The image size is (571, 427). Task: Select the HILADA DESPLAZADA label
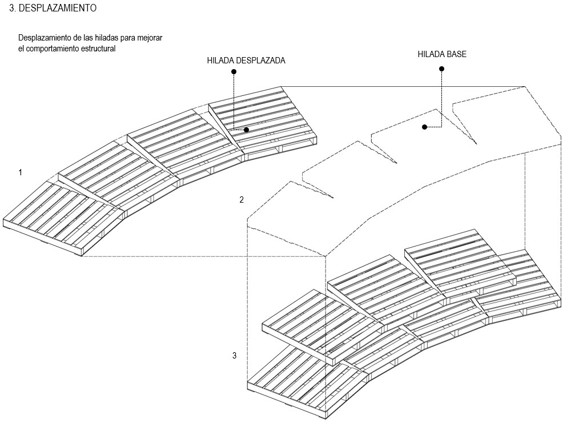click(246, 60)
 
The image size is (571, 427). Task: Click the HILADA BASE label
click(441, 55)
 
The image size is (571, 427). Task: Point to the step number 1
click(21, 172)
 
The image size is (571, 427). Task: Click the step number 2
click(242, 200)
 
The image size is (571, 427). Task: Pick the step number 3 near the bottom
click(235, 356)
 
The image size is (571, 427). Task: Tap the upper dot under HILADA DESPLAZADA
click(234, 71)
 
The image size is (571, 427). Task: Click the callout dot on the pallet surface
click(246, 130)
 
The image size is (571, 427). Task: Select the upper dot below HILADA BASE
click(441, 69)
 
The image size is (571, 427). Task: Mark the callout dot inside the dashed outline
click(425, 127)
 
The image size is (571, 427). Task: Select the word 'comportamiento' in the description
click(51, 49)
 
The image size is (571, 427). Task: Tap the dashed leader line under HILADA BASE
click(441, 100)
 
